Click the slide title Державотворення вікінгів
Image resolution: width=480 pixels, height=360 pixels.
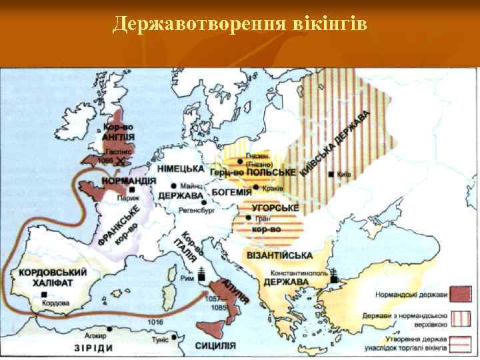239,24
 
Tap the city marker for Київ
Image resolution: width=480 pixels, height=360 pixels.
331,175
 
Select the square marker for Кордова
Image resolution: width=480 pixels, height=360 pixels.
44,293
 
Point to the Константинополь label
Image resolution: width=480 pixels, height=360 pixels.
299,273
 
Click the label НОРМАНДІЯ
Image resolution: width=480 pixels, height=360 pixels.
129,181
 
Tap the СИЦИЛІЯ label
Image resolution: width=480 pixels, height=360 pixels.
215,345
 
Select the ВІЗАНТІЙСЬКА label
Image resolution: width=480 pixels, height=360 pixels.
280,256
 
